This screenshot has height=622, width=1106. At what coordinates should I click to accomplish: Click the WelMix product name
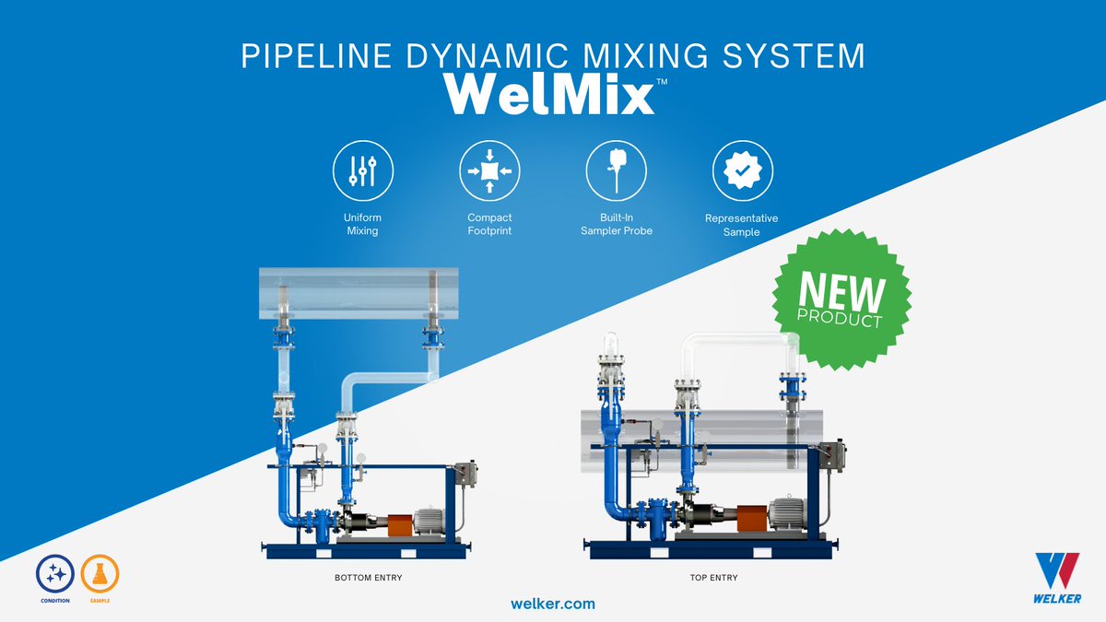[x=549, y=94]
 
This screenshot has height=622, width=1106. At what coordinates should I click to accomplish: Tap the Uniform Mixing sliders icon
[x=362, y=171]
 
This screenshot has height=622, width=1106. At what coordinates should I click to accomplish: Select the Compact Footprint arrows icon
[x=489, y=171]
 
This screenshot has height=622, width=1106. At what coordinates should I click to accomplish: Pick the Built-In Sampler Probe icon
[x=617, y=171]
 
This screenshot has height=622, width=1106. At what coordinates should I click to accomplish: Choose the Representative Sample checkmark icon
[x=742, y=171]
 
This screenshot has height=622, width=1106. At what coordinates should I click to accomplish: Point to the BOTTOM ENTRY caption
[x=368, y=578]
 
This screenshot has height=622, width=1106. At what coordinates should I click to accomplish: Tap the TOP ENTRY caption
[x=712, y=578]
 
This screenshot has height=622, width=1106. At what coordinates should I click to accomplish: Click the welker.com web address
[x=553, y=604]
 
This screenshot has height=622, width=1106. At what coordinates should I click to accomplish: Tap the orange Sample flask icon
[x=100, y=574]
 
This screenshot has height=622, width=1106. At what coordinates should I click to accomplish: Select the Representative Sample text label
[x=741, y=226]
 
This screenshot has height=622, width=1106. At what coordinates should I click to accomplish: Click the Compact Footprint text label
[x=489, y=224]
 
